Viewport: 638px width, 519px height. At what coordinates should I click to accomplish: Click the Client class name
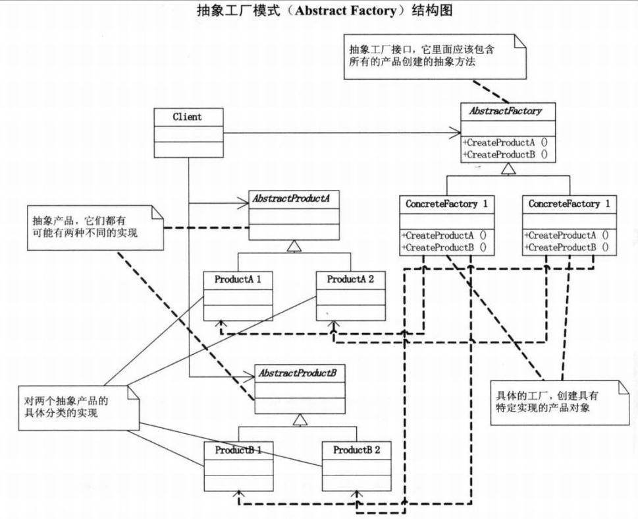[187, 117]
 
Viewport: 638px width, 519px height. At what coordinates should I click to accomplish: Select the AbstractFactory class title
[506, 111]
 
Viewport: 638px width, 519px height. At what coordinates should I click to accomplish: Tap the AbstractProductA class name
[291, 198]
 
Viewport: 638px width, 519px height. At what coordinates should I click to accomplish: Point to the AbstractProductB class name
[298, 373]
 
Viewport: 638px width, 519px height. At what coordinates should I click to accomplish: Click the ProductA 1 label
[238, 279]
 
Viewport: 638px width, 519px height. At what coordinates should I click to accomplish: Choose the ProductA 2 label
[350, 279]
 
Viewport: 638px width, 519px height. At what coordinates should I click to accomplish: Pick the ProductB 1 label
[238, 450]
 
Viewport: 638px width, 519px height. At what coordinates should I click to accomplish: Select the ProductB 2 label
[357, 450]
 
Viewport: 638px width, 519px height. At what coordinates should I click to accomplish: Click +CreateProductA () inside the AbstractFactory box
[506, 142]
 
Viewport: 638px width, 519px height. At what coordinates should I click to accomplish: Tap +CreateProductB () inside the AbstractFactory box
[506, 154]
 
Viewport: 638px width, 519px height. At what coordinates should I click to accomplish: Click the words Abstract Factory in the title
[346, 11]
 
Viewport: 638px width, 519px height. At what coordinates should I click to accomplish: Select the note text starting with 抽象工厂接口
[421, 56]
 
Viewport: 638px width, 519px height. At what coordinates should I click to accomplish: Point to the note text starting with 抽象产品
[85, 227]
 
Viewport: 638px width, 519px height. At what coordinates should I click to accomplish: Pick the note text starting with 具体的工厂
[547, 402]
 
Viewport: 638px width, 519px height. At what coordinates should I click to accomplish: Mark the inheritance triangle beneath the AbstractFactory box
[508, 169]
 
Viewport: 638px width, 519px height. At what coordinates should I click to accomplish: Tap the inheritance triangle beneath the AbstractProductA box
[294, 246]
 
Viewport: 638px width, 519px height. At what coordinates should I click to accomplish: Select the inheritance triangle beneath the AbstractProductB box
[300, 420]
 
